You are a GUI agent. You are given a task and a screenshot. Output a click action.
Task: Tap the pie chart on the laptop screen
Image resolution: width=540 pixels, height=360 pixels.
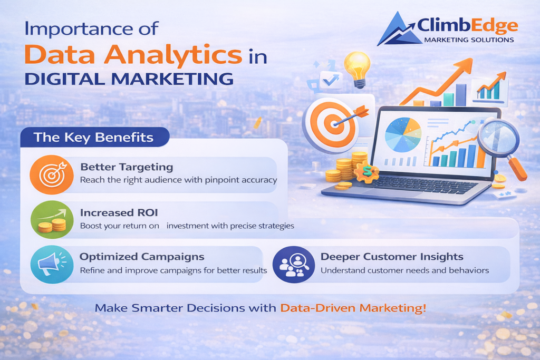403,135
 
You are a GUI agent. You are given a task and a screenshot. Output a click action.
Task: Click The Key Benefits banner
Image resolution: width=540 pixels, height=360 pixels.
93,138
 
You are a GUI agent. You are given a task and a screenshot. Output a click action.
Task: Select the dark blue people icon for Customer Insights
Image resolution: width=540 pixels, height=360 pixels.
293,264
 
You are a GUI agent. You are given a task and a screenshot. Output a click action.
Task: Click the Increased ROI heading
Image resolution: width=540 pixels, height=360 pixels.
114,212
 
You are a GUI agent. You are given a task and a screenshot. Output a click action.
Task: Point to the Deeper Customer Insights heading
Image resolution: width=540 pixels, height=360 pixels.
392,257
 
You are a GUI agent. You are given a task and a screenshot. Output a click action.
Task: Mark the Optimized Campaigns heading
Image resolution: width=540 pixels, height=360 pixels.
142,257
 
